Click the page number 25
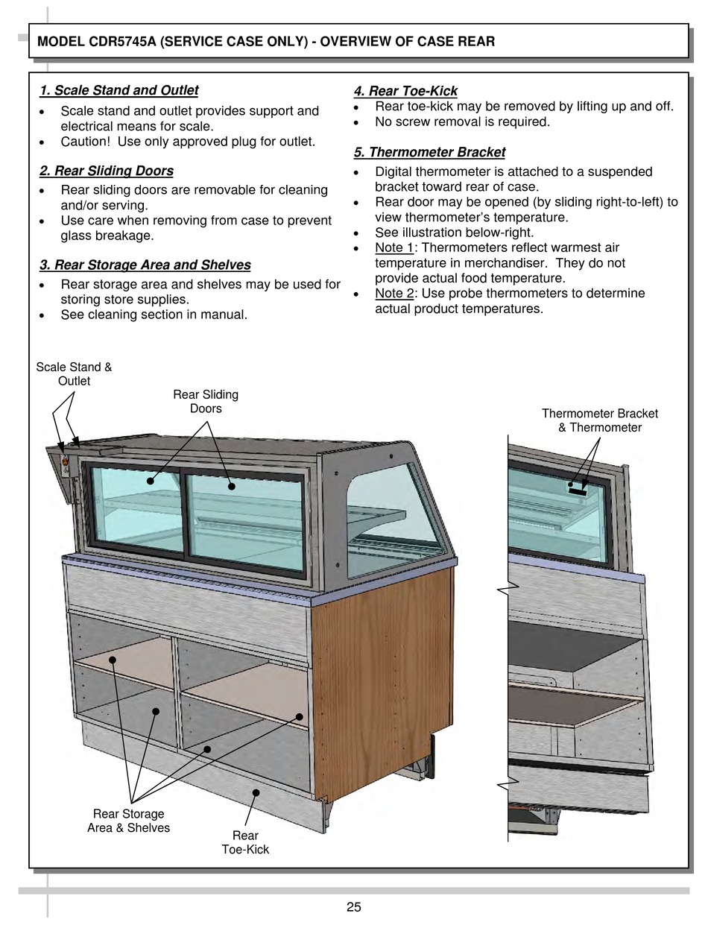pos(353,907)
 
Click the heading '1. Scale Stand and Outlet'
pos(119,91)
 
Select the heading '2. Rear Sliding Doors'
pos(107,171)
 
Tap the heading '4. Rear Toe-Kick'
pos(405,92)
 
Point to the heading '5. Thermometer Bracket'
pos(429,153)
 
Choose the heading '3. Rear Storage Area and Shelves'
pos(145,265)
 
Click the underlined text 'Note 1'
pos(394,247)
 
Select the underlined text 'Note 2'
pos(394,293)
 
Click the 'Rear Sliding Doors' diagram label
pos(206,402)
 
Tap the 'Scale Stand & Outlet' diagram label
pos(74,374)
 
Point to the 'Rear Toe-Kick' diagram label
pos(245,842)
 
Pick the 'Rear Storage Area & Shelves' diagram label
pos(128,821)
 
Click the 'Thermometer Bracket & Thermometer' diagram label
pos(599,420)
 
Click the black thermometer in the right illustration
pos(578,490)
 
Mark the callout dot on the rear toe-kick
pos(256,793)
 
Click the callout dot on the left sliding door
pos(151,481)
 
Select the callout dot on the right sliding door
pos(232,486)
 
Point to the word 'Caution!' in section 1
pos(86,142)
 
